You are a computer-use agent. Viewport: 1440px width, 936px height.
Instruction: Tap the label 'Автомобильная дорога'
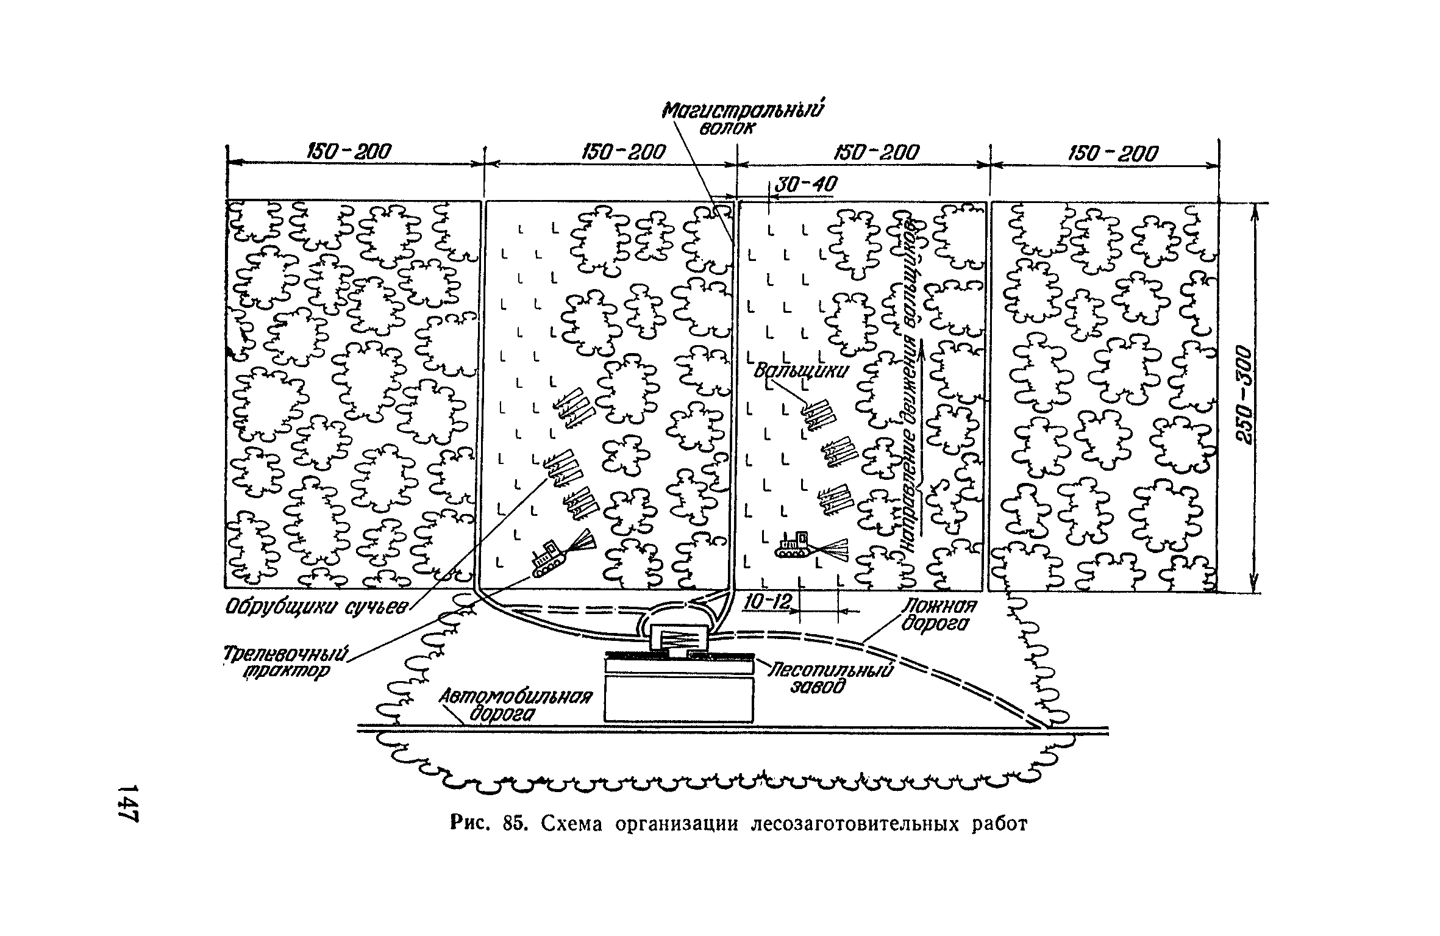515,705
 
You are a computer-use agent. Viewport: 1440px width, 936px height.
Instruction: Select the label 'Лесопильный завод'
826,678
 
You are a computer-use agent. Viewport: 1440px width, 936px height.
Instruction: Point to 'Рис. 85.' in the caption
488,824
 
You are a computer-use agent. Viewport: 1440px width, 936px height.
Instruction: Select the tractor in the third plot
793,545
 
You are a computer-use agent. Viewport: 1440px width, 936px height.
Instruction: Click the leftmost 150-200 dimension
349,152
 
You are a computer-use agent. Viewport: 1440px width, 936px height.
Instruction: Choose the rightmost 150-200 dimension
1113,153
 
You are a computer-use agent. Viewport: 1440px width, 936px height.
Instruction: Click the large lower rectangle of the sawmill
679,699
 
